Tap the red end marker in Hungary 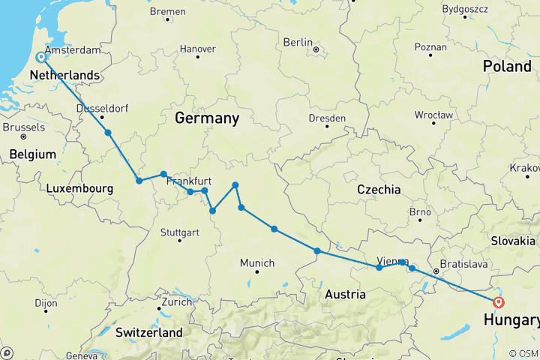click(x=498, y=302)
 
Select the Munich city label click(x=257, y=263)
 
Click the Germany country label click(x=206, y=118)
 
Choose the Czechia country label click(x=379, y=189)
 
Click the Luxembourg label click(x=79, y=189)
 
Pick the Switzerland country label click(x=149, y=331)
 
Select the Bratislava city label click(x=464, y=265)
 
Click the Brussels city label click(x=23, y=127)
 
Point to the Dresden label click(x=326, y=118)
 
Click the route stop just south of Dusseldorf click(x=108, y=133)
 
